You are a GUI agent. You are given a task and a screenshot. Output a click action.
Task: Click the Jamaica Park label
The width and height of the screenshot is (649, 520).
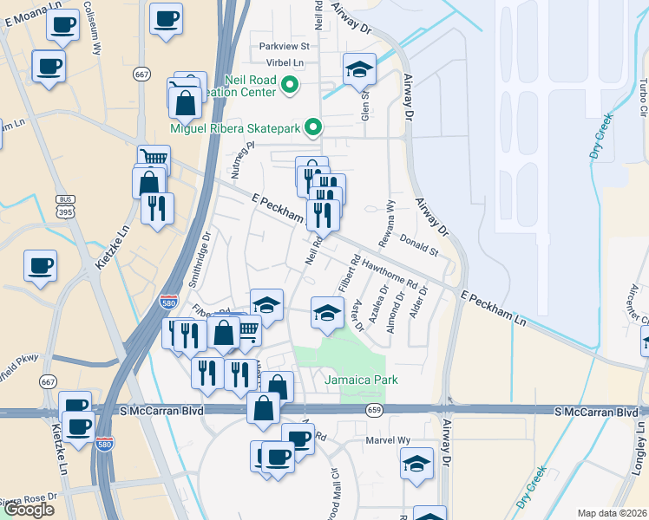(x=361, y=380)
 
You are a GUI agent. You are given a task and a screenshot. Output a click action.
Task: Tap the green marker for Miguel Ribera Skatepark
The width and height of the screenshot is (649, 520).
(x=314, y=128)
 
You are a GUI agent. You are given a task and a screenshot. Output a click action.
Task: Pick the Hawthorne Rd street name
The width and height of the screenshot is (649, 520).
(x=391, y=275)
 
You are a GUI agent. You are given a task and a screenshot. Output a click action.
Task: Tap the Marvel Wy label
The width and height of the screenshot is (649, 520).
(x=390, y=440)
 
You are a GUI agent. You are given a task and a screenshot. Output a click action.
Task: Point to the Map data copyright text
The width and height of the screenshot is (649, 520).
(x=613, y=513)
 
